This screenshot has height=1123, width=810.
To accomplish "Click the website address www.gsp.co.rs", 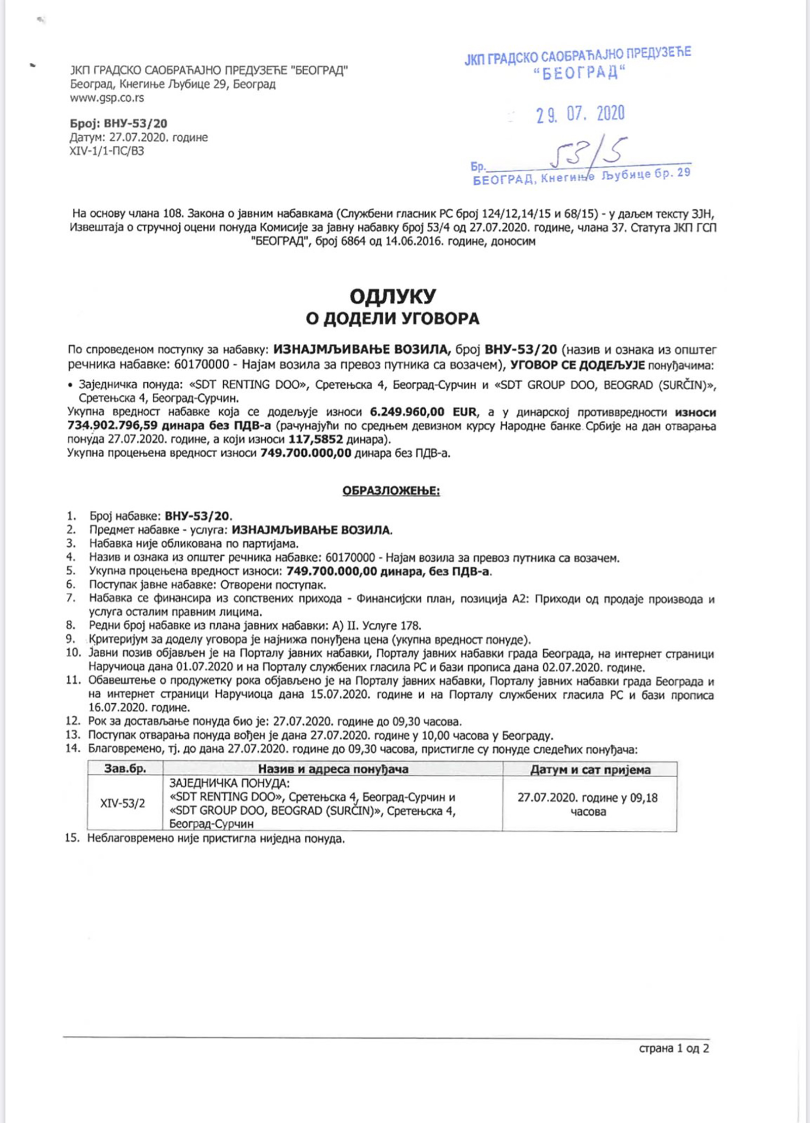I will [x=107, y=98].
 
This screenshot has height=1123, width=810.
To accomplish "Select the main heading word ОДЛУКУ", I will [x=392, y=297].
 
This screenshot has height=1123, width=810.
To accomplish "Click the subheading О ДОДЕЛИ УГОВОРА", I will [x=392, y=318].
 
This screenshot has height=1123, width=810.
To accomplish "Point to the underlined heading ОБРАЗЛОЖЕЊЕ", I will [x=391, y=491].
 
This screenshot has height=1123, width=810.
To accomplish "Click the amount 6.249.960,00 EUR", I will [x=423, y=412].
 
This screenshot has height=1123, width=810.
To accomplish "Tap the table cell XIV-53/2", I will [x=123, y=804].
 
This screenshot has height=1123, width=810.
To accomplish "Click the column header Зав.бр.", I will [x=125, y=769].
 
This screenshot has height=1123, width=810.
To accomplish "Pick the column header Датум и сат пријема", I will [x=590, y=770].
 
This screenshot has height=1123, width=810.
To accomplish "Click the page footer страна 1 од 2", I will [x=673, y=1048].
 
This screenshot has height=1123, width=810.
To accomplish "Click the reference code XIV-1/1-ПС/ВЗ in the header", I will [x=107, y=151].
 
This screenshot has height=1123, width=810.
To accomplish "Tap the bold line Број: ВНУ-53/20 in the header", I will [x=118, y=124].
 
